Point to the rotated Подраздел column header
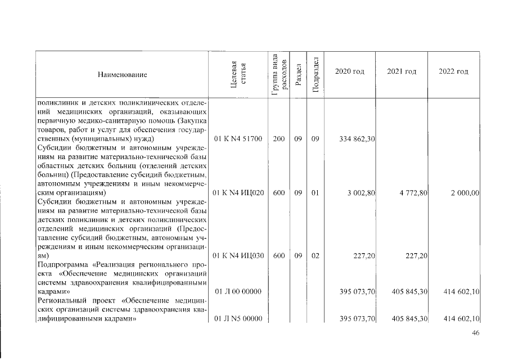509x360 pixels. (x=316, y=74)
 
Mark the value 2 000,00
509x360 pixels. (x=465, y=193)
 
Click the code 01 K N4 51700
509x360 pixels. (x=239, y=138)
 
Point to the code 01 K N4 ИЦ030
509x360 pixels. (x=239, y=256)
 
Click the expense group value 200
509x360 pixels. (x=278, y=138)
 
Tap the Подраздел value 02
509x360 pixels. (x=315, y=256)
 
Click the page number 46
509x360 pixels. (x=475, y=334)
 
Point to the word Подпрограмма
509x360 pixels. (x=61, y=265)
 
